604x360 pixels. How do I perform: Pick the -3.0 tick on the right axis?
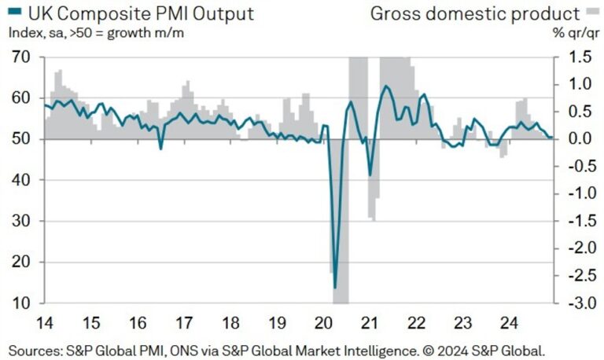(573, 303)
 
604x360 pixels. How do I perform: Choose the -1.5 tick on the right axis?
(573, 221)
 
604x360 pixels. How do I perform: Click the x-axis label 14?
(45, 322)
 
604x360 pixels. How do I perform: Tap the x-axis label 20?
(324, 322)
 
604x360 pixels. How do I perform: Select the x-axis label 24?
(510, 322)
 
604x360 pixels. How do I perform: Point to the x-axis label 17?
(185, 322)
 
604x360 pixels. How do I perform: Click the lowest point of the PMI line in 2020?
(336, 288)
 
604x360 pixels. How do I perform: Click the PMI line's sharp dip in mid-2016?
(160, 148)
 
